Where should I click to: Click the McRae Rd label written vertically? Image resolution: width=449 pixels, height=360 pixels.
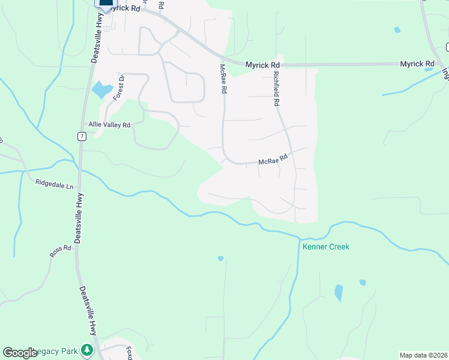pyautogui.click(x=223, y=79)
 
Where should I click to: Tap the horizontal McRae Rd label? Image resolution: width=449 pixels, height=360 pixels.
pyautogui.click(x=273, y=160)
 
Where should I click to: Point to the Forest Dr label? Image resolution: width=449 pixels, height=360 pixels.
pyautogui.click(x=119, y=87)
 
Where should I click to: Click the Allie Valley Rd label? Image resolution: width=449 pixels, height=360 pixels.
pyautogui.click(x=109, y=125)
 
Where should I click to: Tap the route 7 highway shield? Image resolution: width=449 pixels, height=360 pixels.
pyautogui.click(x=82, y=136)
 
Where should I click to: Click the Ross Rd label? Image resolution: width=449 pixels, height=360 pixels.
pyautogui.click(x=61, y=252)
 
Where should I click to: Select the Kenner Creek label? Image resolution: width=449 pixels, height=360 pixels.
pyautogui.click(x=325, y=247)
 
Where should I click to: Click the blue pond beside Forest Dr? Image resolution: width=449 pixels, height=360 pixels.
pyautogui.click(x=101, y=91)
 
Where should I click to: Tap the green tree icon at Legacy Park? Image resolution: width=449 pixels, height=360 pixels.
pyautogui.click(x=87, y=349)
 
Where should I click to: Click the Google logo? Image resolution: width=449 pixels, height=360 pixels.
pyautogui.click(x=20, y=353)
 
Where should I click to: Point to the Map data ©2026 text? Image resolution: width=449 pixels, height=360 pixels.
pyautogui.click(x=423, y=355)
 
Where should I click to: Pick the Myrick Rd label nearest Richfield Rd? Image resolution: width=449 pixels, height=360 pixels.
pyautogui.click(x=263, y=64)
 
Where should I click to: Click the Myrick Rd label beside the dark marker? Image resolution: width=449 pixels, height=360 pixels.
pyautogui.click(x=128, y=8)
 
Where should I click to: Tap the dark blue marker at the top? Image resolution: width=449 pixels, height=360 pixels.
pyautogui.click(x=106, y=4)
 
